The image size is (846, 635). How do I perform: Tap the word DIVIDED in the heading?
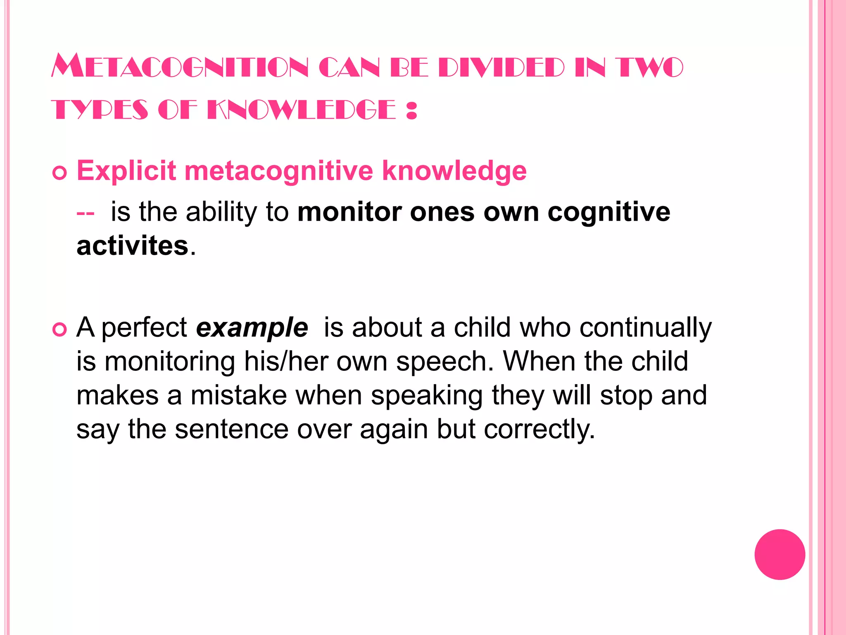[x=501, y=67]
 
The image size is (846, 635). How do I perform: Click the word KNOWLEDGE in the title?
[x=301, y=110]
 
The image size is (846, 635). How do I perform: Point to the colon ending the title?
[x=411, y=110]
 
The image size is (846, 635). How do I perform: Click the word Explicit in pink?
[x=126, y=171]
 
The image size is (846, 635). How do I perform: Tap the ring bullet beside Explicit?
[x=60, y=172]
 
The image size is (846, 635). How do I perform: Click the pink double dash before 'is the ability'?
[x=86, y=213]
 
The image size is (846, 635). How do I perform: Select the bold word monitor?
[x=349, y=212]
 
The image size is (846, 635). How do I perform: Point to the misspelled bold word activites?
[x=132, y=246]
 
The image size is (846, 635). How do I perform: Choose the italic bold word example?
[x=252, y=327]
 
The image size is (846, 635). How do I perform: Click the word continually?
[x=645, y=327]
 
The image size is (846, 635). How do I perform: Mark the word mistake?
[x=238, y=395]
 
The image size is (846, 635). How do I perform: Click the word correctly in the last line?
[x=539, y=430]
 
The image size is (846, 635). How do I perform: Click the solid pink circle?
[x=779, y=554]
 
